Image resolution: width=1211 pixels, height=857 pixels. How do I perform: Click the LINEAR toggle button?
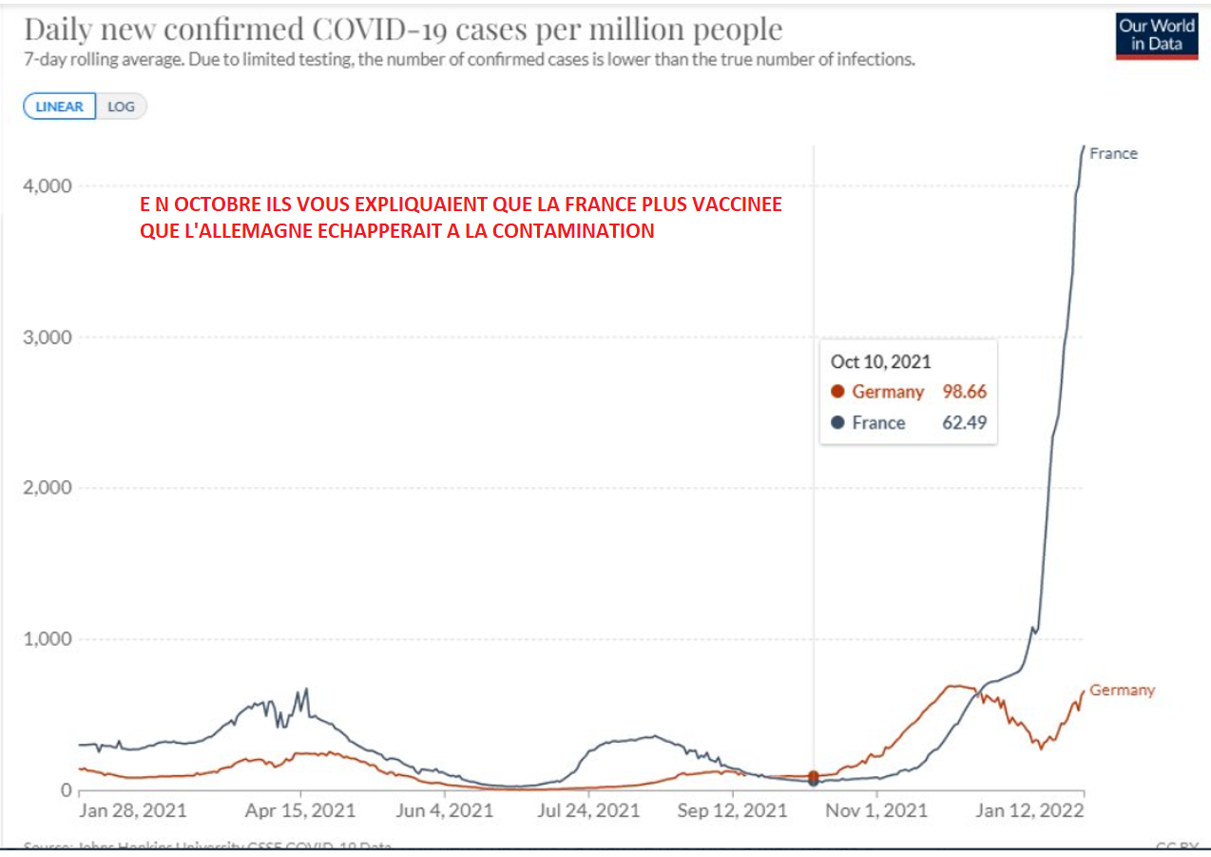(x=60, y=107)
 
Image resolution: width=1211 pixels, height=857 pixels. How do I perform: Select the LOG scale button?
(x=122, y=107)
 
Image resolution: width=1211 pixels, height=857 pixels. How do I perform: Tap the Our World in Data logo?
(x=1157, y=36)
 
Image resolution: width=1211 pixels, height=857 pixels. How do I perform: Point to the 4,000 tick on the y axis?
(x=47, y=185)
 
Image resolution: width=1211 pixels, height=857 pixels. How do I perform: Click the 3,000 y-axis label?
(x=47, y=337)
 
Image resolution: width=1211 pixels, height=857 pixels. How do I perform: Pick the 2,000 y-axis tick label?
(x=47, y=488)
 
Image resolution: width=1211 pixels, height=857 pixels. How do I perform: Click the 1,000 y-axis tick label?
(x=47, y=639)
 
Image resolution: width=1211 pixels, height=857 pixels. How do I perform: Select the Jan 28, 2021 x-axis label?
(x=133, y=811)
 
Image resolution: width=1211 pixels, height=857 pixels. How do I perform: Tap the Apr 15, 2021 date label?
(x=301, y=811)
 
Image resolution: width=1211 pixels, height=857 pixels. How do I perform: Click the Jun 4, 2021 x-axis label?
(x=446, y=811)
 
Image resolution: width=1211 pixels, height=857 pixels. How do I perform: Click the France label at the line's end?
(x=1113, y=153)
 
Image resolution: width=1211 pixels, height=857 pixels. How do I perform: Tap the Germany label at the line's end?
(x=1122, y=690)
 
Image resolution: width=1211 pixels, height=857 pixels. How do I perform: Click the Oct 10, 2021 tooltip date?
(x=880, y=361)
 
